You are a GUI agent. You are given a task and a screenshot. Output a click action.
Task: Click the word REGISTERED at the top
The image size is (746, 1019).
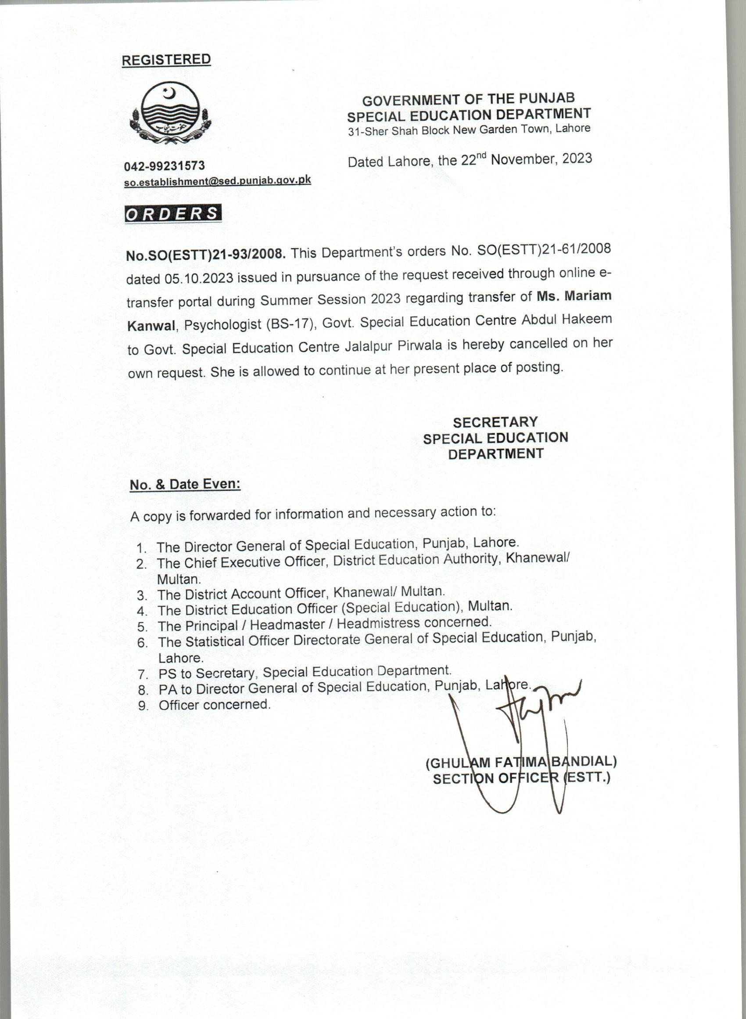pyautogui.click(x=166, y=60)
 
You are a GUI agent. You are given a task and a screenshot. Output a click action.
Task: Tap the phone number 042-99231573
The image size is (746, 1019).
pyautogui.click(x=165, y=166)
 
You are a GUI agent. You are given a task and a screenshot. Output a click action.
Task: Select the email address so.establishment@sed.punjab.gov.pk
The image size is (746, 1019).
pyautogui.click(x=217, y=180)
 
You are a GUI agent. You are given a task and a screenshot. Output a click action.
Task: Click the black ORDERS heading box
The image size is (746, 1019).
pyautogui.click(x=173, y=214)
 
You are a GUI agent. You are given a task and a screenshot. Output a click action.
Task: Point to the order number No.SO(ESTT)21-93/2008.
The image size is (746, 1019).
pyautogui.click(x=205, y=255)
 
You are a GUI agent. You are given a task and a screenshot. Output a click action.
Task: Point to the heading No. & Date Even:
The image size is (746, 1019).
pyautogui.click(x=185, y=485)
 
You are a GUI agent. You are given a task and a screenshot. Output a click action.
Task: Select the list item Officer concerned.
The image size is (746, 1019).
pyautogui.click(x=215, y=705)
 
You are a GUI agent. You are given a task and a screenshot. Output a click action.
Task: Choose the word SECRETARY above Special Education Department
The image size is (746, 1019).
pyautogui.click(x=495, y=422)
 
